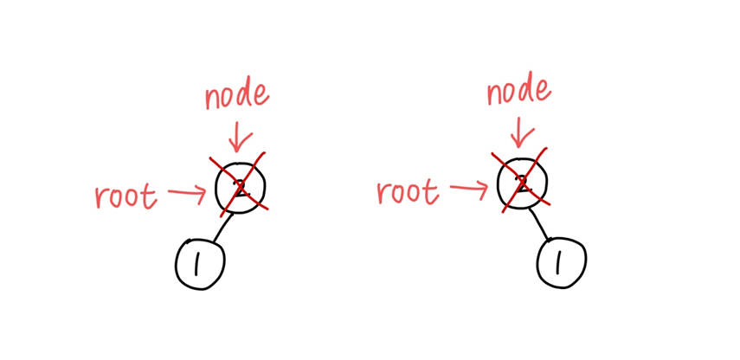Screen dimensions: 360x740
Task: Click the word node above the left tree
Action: [235, 95]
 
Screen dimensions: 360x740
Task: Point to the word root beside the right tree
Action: [408, 191]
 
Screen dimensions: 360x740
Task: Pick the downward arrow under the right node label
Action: [519, 133]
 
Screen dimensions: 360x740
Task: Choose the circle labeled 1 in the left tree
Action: [200, 263]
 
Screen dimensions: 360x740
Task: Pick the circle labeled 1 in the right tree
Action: [561, 261]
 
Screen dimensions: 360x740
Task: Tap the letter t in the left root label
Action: [151, 196]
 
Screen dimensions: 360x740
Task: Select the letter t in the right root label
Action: [431, 190]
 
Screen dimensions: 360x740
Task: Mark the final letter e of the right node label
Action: [543, 91]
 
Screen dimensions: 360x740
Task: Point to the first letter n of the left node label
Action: [212, 100]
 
